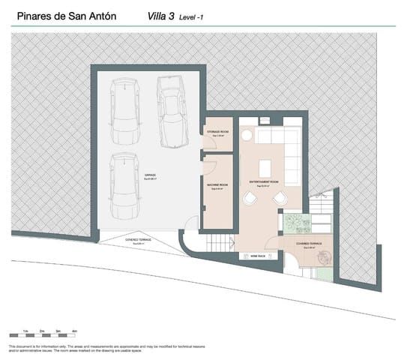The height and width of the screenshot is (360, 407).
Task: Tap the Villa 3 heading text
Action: [157, 15]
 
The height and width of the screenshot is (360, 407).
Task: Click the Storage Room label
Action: [218, 133]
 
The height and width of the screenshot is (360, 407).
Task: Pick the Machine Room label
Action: [218, 185]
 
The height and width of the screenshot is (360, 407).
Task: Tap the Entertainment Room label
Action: [264, 182]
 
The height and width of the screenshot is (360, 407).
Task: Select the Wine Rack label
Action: [247, 256]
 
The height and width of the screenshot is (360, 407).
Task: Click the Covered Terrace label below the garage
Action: [138, 241]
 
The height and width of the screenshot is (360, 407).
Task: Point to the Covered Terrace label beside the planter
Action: [309, 244]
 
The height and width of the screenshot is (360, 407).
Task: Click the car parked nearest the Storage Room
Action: [171, 112]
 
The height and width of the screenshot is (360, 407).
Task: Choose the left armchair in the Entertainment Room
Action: [250, 198]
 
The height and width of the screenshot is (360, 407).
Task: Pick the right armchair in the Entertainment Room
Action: [280, 198]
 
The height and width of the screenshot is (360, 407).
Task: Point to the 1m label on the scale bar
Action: [26, 330]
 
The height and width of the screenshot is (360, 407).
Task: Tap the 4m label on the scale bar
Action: [74, 330]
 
